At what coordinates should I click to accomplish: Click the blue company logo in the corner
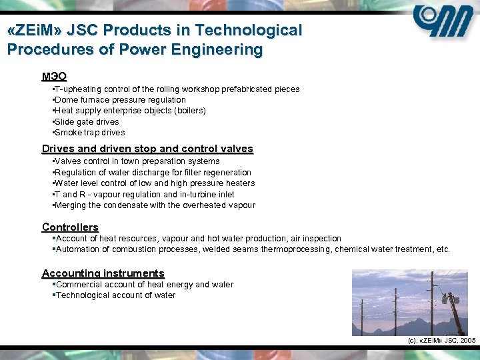coord(443,23)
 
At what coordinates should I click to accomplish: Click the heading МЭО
coord(54,76)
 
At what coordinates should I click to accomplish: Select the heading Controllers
coord(70,227)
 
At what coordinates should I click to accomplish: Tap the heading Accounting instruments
coord(103,273)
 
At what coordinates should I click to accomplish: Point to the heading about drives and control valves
coord(147,149)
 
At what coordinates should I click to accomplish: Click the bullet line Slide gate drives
coord(87,122)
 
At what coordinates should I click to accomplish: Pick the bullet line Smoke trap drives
coord(89,133)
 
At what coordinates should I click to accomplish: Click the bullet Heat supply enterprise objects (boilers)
coord(130,111)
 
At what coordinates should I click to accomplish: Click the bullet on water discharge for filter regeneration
coord(153,173)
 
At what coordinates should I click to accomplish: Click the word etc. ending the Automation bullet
coord(443,249)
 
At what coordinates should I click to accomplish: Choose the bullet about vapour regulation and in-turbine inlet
coord(144,195)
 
